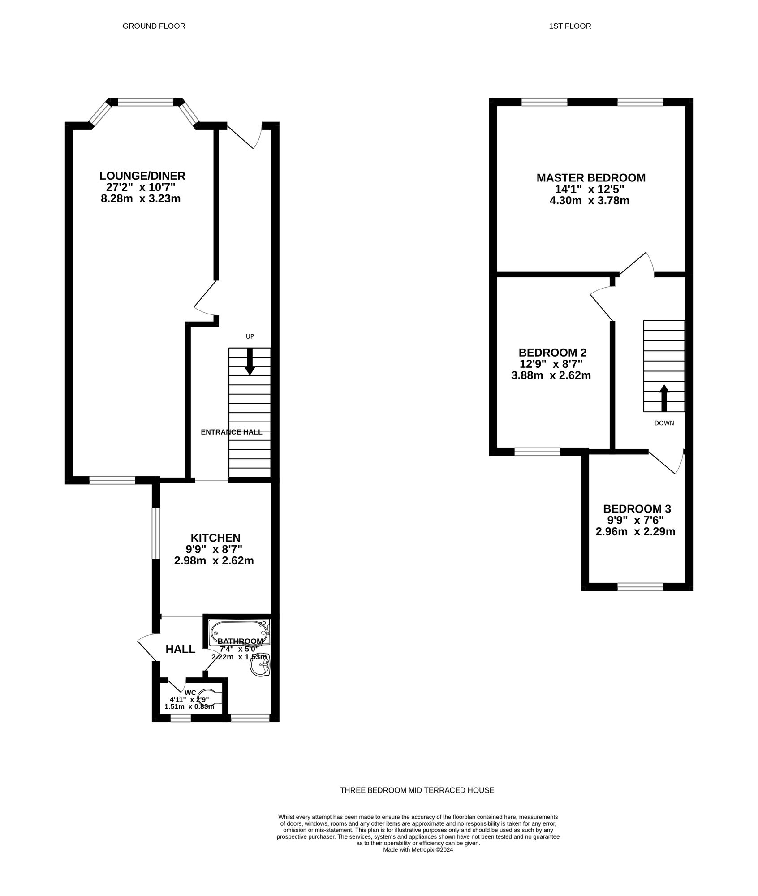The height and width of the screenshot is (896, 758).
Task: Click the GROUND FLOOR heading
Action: [x=154, y=26]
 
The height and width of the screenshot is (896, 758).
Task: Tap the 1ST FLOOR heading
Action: [x=570, y=26]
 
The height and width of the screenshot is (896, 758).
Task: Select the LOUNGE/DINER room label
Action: [x=142, y=176]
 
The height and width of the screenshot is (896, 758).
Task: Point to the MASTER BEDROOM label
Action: [x=591, y=178]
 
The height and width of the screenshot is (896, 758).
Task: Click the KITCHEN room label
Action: [x=215, y=538]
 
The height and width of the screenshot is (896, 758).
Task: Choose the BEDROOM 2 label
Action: [x=552, y=353]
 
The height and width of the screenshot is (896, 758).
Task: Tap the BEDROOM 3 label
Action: [x=637, y=509]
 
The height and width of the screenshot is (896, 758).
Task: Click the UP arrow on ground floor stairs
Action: [x=250, y=361]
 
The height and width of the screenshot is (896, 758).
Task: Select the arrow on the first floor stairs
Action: [x=664, y=398]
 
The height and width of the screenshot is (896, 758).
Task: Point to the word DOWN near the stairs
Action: [x=664, y=423]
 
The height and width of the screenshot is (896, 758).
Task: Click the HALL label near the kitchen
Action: [x=181, y=649]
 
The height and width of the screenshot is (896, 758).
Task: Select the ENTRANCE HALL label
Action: [x=232, y=432]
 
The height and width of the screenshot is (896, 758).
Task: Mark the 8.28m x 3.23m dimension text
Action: [x=141, y=198]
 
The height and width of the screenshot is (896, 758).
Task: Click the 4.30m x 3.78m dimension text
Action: [x=590, y=201]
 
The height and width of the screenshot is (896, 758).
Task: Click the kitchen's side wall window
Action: [x=155, y=533]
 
